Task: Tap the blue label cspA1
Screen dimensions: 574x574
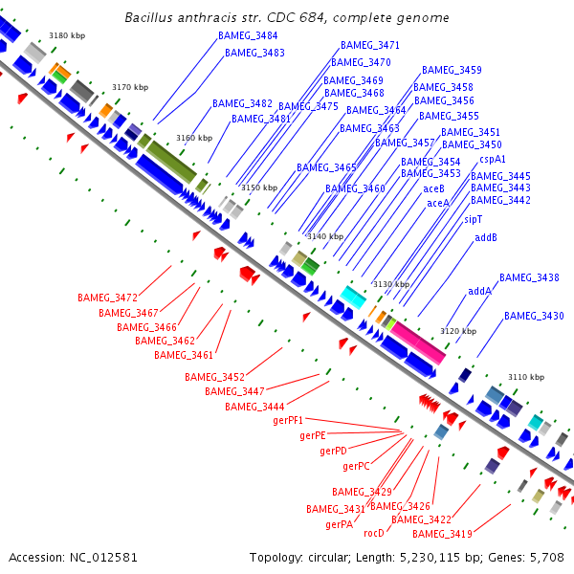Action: tap(493, 159)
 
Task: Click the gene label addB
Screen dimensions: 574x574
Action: tap(486, 237)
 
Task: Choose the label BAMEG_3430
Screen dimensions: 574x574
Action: tap(534, 316)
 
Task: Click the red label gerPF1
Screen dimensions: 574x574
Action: tap(288, 420)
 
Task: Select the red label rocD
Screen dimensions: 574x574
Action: tap(374, 533)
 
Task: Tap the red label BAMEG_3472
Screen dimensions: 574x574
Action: tap(107, 298)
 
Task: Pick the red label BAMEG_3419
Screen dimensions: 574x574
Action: tap(442, 534)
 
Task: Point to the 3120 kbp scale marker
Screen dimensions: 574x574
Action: tap(457, 331)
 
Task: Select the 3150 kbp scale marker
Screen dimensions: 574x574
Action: tap(258, 188)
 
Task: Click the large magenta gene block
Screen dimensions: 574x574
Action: tap(417, 342)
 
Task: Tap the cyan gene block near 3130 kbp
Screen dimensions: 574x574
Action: tap(354, 297)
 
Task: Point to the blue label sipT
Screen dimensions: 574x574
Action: tap(473, 219)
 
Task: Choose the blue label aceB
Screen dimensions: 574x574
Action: tap(434, 188)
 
